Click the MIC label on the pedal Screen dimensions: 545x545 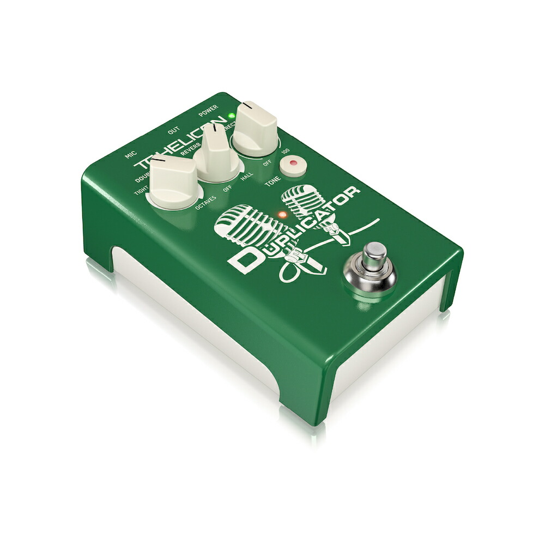pyautogui.click(x=130, y=155)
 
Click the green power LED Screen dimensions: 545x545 pyautogui.click(x=231, y=116)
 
